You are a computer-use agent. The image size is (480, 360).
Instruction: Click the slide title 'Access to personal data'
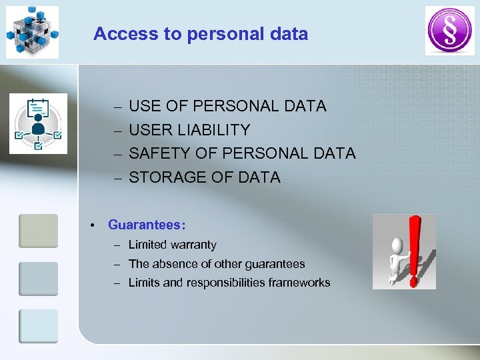click(201, 34)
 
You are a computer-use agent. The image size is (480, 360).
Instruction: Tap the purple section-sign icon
click(449, 31)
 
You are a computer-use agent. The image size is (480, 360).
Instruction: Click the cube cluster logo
click(32, 31)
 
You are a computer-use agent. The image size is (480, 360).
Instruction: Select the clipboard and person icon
click(38, 124)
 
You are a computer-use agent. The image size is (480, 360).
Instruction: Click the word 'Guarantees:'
click(147, 225)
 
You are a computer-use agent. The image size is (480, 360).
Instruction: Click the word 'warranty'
click(191, 245)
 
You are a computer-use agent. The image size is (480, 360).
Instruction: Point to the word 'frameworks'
click(299, 283)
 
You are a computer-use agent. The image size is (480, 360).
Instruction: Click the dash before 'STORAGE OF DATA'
click(117, 178)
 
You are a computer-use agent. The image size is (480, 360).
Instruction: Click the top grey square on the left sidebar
click(38, 231)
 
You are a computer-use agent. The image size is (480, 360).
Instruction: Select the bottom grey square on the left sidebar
click(38, 326)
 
